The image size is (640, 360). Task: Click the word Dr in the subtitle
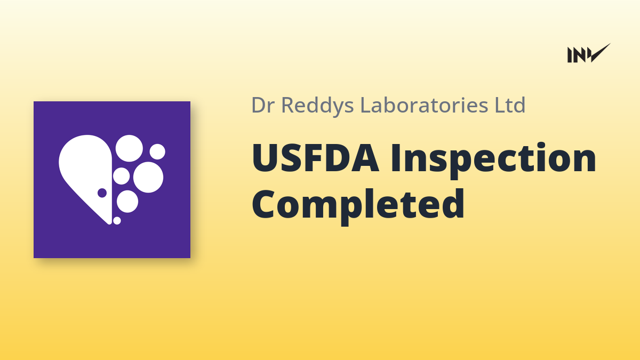[x=263, y=105]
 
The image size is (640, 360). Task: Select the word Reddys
[x=318, y=106]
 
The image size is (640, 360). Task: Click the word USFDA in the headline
[x=315, y=158]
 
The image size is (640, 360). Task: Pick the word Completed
[x=358, y=206]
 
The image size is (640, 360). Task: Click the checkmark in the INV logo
[x=600, y=52]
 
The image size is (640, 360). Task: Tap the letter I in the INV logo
[x=570, y=55]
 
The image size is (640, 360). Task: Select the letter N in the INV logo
[x=579, y=55]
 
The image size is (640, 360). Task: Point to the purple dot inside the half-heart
[x=102, y=193]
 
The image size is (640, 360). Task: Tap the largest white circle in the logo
[x=148, y=177]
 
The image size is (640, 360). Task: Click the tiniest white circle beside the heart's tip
[x=117, y=221]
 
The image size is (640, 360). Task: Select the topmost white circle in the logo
[x=129, y=148]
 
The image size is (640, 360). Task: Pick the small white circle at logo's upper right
[x=157, y=151]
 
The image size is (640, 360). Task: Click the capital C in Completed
[x=264, y=204]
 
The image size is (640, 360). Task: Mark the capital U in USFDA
[x=265, y=158]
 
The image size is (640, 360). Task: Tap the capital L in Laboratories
[x=366, y=105]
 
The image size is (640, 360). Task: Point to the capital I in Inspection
[x=395, y=158]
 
